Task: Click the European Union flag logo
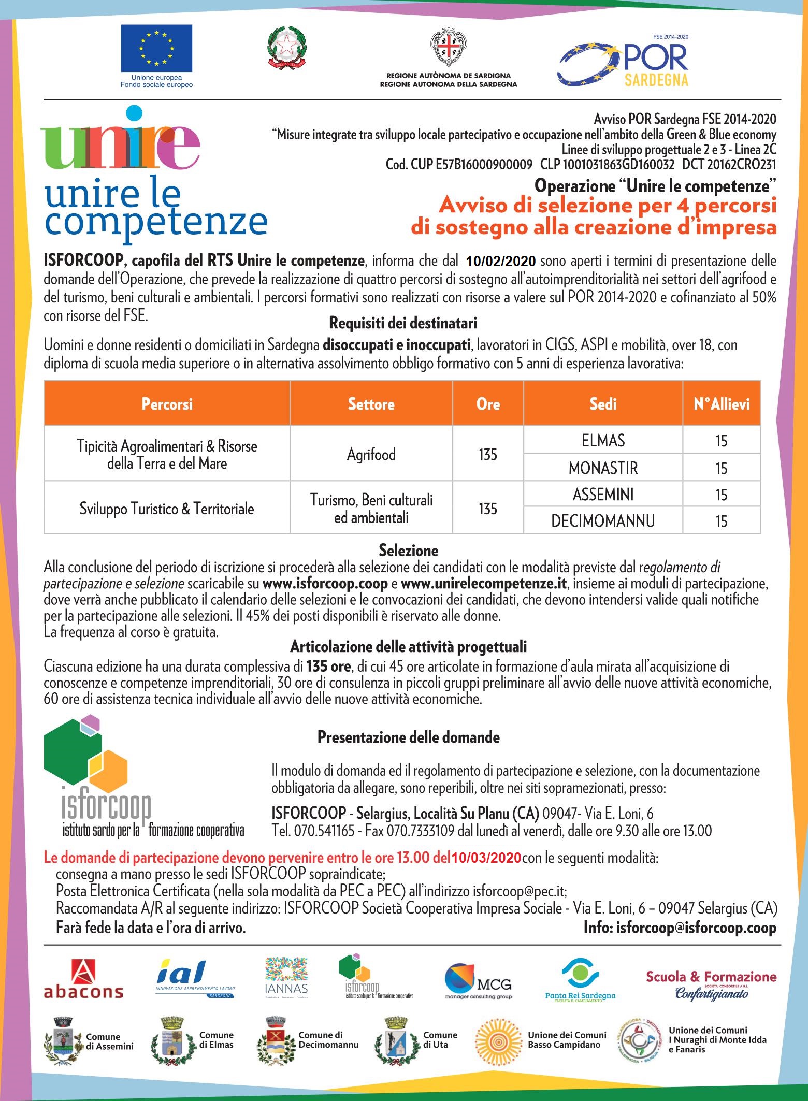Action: coord(156,49)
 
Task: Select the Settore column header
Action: coord(371,404)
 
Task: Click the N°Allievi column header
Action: coord(722,404)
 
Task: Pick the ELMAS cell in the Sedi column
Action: coord(603,441)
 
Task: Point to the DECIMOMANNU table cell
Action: coord(603,521)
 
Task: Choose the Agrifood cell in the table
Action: coord(371,454)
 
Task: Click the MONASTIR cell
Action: coord(603,468)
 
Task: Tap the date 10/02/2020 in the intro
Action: coord(501,260)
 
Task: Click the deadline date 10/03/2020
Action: coord(486,858)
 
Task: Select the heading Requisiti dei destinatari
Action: coord(403,323)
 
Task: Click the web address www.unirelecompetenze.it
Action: coord(484,584)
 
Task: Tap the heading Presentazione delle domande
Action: coord(408,737)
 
